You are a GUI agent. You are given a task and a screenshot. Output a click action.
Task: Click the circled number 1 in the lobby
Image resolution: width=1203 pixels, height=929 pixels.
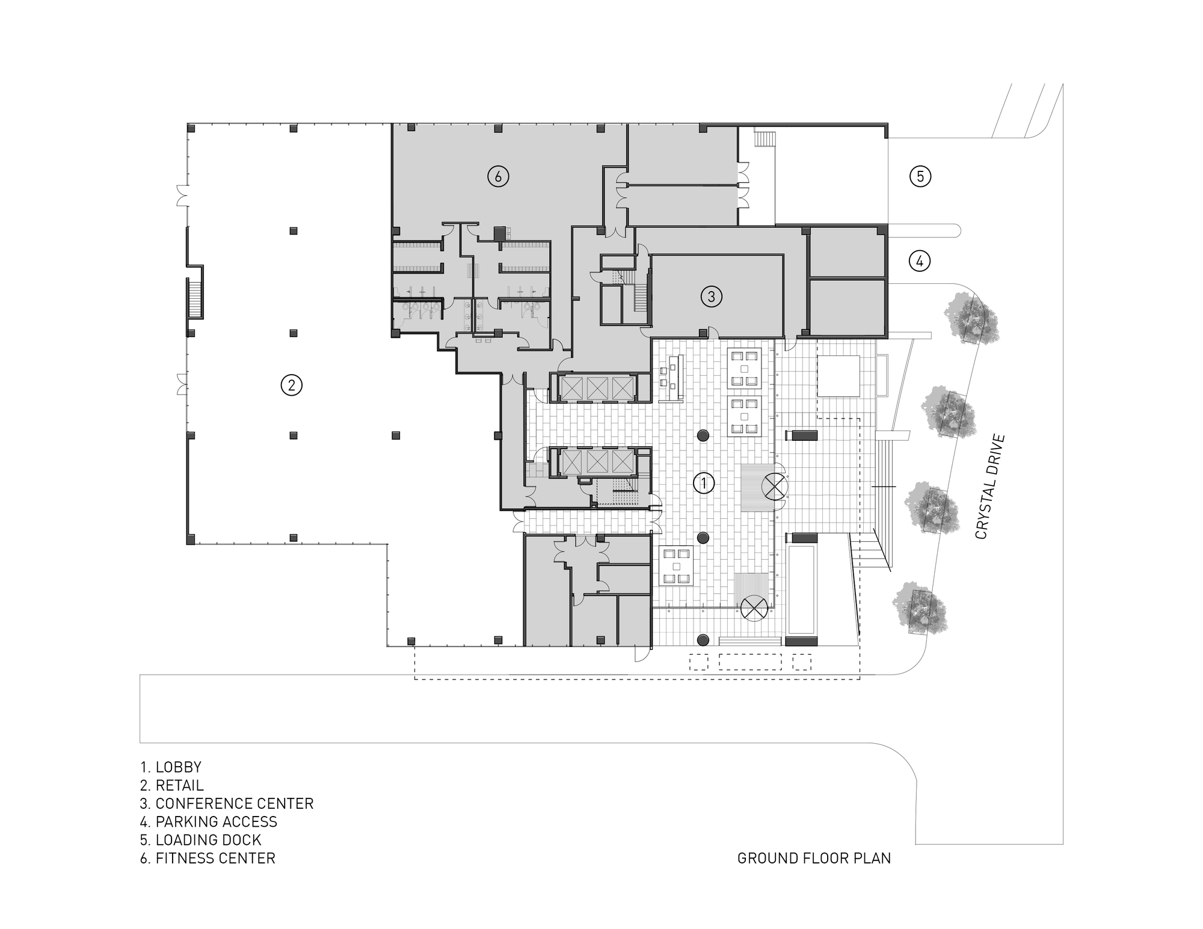coord(703,483)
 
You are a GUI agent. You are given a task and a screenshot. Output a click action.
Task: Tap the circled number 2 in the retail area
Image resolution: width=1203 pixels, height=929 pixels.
coord(291,385)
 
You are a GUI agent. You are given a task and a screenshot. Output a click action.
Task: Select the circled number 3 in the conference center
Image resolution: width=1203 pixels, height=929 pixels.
coord(711,296)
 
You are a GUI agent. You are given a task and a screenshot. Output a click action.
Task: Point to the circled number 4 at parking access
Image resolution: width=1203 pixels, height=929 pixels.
coord(919,261)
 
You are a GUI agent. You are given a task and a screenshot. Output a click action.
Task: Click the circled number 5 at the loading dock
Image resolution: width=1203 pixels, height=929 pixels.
coord(920,176)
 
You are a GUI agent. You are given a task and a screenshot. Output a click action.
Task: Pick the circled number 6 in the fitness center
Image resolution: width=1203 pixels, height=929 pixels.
coord(497,176)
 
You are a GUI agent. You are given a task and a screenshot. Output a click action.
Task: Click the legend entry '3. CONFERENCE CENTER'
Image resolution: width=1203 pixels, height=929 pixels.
coord(227,804)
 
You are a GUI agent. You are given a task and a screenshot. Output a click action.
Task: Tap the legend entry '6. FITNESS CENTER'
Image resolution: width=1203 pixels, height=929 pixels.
coord(208,858)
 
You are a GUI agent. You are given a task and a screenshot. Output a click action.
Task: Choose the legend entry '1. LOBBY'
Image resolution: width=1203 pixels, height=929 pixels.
coord(171,767)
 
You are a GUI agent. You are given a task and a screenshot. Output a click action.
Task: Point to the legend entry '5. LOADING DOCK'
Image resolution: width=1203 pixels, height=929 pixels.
coord(201,840)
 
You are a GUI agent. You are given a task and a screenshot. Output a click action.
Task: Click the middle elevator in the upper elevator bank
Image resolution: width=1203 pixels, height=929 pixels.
coord(598,388)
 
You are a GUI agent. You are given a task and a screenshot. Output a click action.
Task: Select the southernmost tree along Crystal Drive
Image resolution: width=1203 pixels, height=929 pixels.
coord(918,609)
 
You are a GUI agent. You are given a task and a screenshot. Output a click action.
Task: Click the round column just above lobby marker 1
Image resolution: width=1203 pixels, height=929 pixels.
coord(703,436)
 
